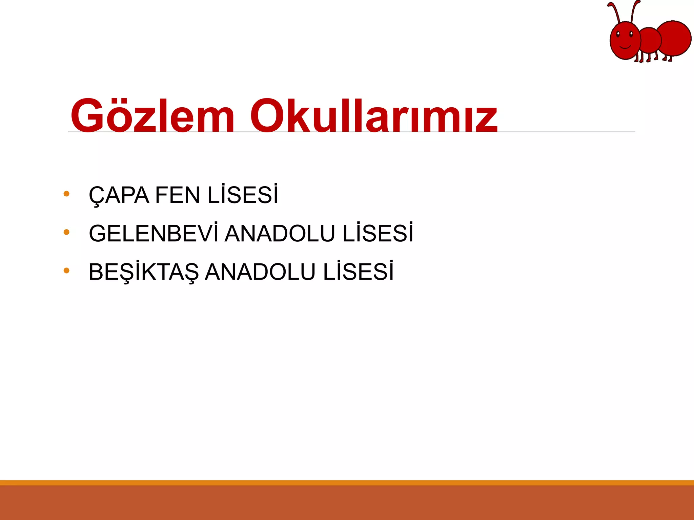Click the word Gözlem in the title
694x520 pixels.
152,116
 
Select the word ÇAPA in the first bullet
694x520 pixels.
119,195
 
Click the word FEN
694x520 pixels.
178,195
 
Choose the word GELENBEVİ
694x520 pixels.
154,233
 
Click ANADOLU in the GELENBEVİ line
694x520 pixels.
280,234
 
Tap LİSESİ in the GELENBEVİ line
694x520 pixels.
378,233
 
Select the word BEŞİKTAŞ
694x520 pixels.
144,272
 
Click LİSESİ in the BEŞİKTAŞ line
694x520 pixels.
358,272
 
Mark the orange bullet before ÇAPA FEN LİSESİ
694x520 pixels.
66,194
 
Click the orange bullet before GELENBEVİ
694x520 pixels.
66,232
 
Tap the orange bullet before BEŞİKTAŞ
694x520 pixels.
66,270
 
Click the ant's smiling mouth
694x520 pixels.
624,46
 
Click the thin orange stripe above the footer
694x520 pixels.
347,483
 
